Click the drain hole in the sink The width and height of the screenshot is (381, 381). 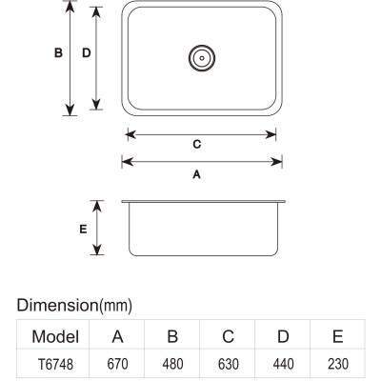click(202, 58)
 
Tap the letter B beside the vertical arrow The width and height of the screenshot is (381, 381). click(58, 52)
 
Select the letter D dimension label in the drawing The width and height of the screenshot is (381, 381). click(87, 52)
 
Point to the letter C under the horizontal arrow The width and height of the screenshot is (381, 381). click(197, 144)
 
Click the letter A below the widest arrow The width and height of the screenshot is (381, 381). click(197, 174)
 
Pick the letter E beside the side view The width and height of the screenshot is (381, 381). click(83, 229)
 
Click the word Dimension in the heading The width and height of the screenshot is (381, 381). click(57, 305)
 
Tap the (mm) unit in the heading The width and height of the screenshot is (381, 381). click(116, 306)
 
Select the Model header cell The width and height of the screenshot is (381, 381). click(55, 336)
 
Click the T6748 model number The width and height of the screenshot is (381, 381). click(55, 364)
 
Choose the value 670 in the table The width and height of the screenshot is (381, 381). click(117, 364)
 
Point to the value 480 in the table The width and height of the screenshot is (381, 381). click(172, 364)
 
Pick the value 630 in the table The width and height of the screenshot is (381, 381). click(229, 364)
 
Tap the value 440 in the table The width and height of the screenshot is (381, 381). click(283, 364)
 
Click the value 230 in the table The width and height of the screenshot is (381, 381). click(338, 364)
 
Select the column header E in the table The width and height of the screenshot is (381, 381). click(338, 336)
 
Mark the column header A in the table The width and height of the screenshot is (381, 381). click(117, 336)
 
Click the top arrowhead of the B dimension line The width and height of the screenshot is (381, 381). click(70, 7)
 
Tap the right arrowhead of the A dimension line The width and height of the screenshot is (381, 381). click(276, 162)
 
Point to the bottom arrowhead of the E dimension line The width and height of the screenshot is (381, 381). click(97, 250)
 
